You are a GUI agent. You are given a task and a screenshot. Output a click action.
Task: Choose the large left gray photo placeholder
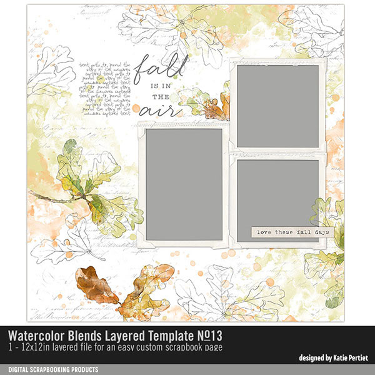184,185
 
